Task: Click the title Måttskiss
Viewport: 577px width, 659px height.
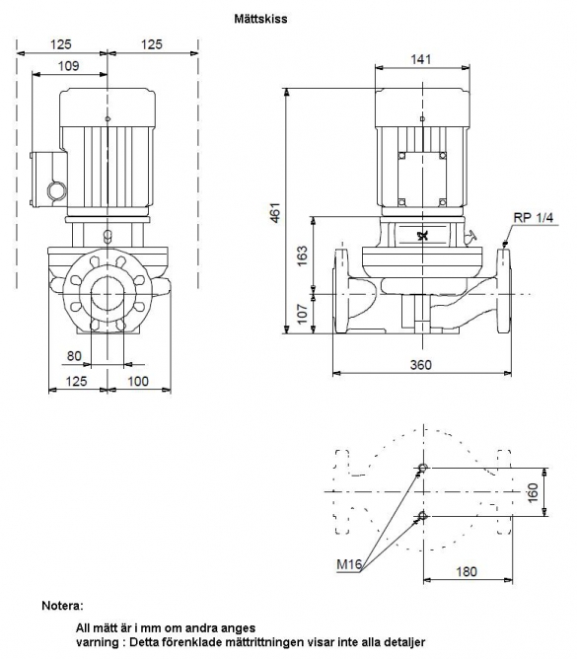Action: click(260, 19)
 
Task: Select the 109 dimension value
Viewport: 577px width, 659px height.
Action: click(68, 66)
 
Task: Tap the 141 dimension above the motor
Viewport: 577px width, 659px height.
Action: click(421, 59)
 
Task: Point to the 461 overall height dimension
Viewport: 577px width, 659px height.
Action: click(275, 213)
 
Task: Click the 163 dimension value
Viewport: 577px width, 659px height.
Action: click(302, 256)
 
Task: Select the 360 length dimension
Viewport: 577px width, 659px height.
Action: click(421, 364)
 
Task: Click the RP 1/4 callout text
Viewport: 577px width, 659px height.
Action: click(534, 218)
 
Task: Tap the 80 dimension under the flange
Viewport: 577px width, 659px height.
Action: click(74, 356)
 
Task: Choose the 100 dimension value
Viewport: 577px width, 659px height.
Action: click(138, 381)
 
